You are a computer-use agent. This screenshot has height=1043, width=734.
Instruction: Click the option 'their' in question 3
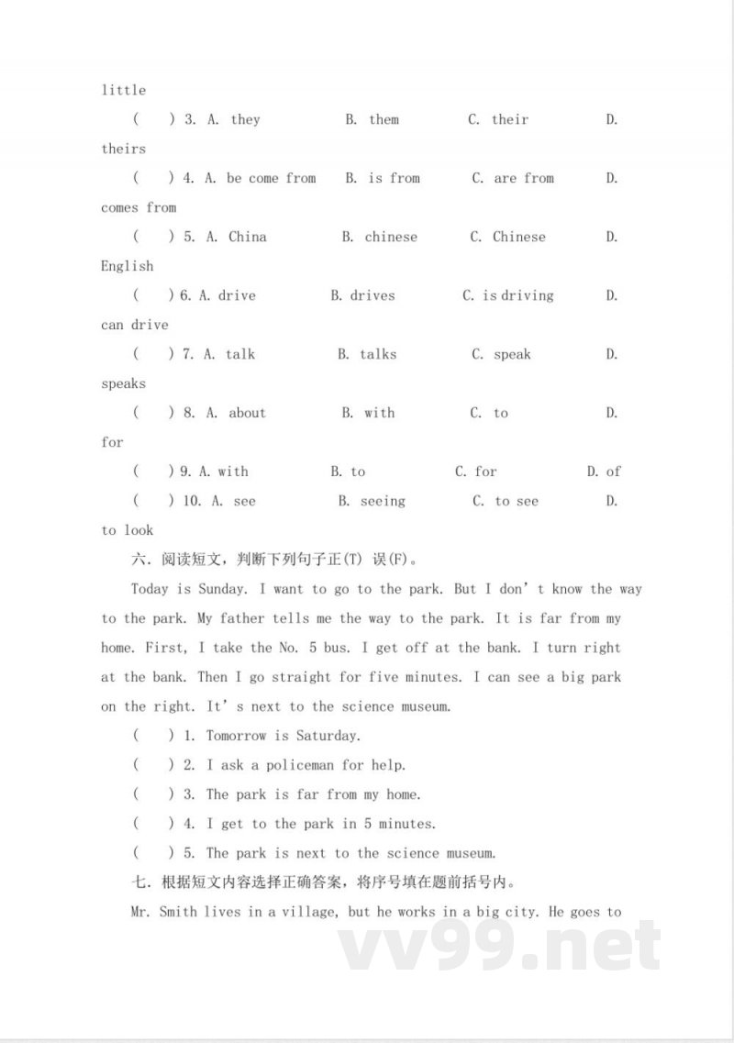pos(509,119)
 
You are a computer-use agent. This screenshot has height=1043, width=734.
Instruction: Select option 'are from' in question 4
pos(524,178)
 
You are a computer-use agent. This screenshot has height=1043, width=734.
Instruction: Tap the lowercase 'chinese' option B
pos(391,237)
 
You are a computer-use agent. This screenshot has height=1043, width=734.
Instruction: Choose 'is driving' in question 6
pos(517,295)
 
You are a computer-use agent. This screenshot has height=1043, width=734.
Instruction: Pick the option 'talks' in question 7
pos(378,354)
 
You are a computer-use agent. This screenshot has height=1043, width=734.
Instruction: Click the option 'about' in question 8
pos(247,413)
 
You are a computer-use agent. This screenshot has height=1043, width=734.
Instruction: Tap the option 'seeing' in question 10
pos(383,501)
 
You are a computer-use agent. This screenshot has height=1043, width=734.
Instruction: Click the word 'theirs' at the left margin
pos(123,149)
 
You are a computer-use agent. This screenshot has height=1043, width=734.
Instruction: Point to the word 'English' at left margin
pos(127,266)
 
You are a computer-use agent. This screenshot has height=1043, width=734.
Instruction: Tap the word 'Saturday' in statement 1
pos(328,736)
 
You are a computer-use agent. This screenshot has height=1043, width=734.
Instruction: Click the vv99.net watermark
pos(500,945)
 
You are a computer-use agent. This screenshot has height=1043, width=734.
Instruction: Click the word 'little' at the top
pos(123,90)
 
